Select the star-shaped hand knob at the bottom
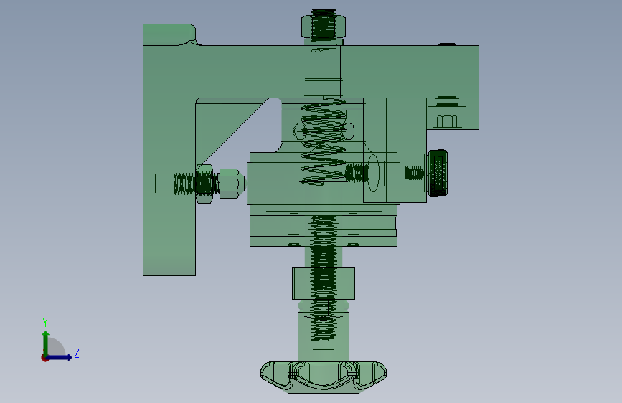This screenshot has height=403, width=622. (x=324, y=376)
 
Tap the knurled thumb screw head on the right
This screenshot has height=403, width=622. (x=438, y=173)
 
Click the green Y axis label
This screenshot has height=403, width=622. (x=45, y=322)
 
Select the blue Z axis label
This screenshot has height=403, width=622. (x=77, y=353)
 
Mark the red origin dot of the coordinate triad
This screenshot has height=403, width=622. (x=44, y=358)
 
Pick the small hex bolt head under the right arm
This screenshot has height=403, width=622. (x=447, y=121)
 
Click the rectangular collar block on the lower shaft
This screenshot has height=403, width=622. (x=324, y=283)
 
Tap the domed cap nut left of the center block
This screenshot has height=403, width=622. (x=230, y=184)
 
